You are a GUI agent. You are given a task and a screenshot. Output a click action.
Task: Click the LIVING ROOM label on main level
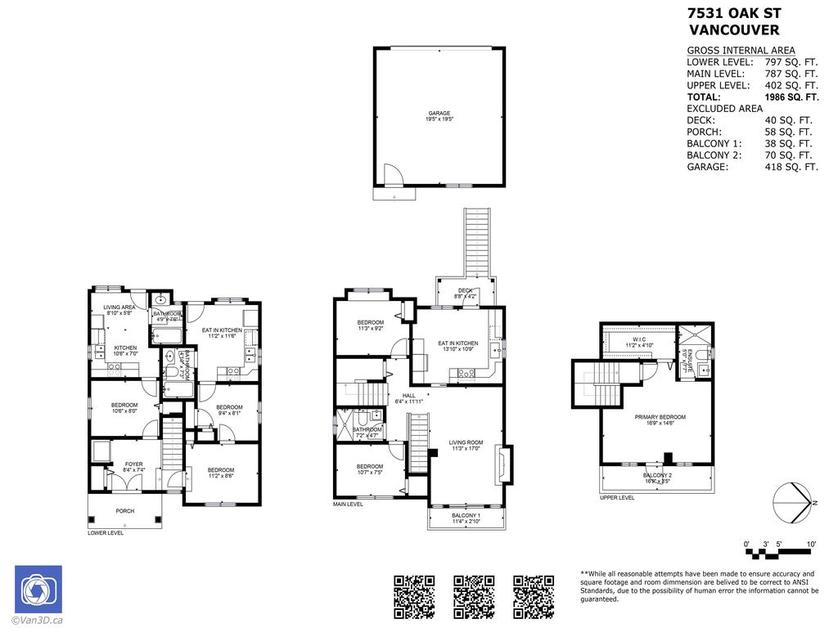tap(466, 445)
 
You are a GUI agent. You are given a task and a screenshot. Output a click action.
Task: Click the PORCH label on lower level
tap(124, 511)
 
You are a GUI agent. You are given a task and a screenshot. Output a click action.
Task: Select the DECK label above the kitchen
tap(466, 291)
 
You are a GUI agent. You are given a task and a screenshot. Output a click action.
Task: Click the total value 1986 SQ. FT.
tap(791, 97)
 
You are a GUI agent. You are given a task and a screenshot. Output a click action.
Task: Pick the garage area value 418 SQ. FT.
tap(791, 167)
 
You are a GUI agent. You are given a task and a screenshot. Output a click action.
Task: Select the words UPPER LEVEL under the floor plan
tap(616, 497)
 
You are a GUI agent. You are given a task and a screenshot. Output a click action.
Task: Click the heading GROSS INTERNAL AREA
tap(741, 51)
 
